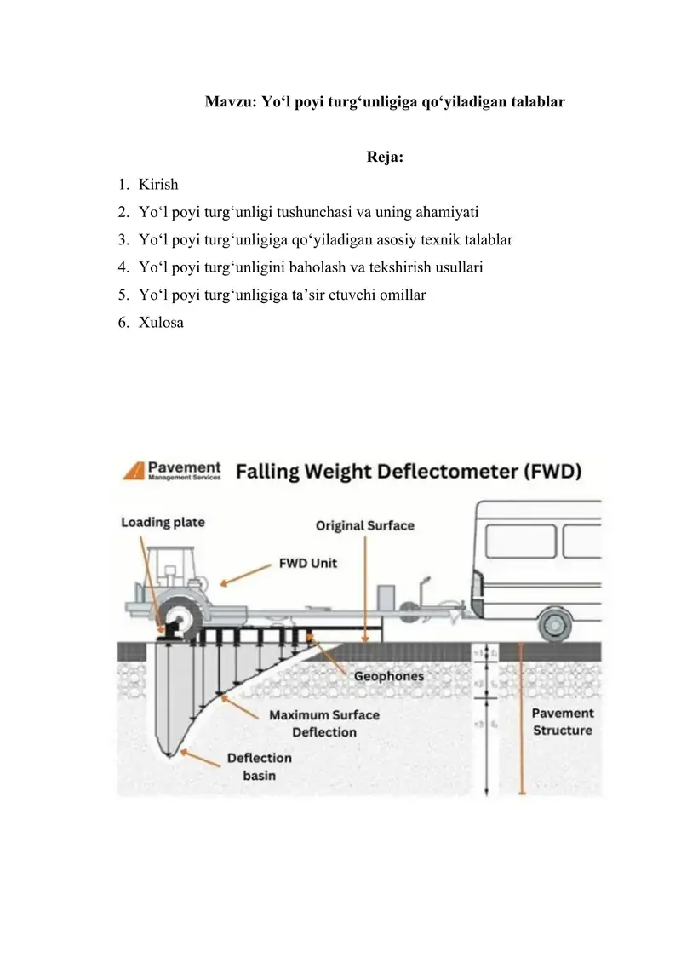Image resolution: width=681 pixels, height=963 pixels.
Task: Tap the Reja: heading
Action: pyautogui.click(x=385, y=157)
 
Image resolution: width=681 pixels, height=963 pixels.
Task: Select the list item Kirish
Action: pyautogui.click(x=158, y=184)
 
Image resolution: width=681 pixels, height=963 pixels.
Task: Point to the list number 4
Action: pyautogui.click(x=123, y=267)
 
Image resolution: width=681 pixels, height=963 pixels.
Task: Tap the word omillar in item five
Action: pyautogui.click(x=399, y=295)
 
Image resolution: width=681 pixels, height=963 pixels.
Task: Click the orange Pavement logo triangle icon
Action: pyautogui.click(x=132, y=471)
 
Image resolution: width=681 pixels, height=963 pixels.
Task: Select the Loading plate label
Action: pyautogui.click(x=163, y=522)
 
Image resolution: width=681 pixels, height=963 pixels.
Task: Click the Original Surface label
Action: pyautogui.click(x=365, y=525)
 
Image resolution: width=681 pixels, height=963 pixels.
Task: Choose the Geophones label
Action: pyautogui.click(x=388, y=676)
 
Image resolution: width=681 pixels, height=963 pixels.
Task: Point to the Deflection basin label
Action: pyautogui.click(x=259, y=766)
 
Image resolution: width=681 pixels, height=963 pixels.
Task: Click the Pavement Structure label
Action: pyautogui.click(x=563, y=722)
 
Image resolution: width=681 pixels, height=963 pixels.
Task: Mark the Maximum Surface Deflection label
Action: pyautogui.click(x=324, y=723)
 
